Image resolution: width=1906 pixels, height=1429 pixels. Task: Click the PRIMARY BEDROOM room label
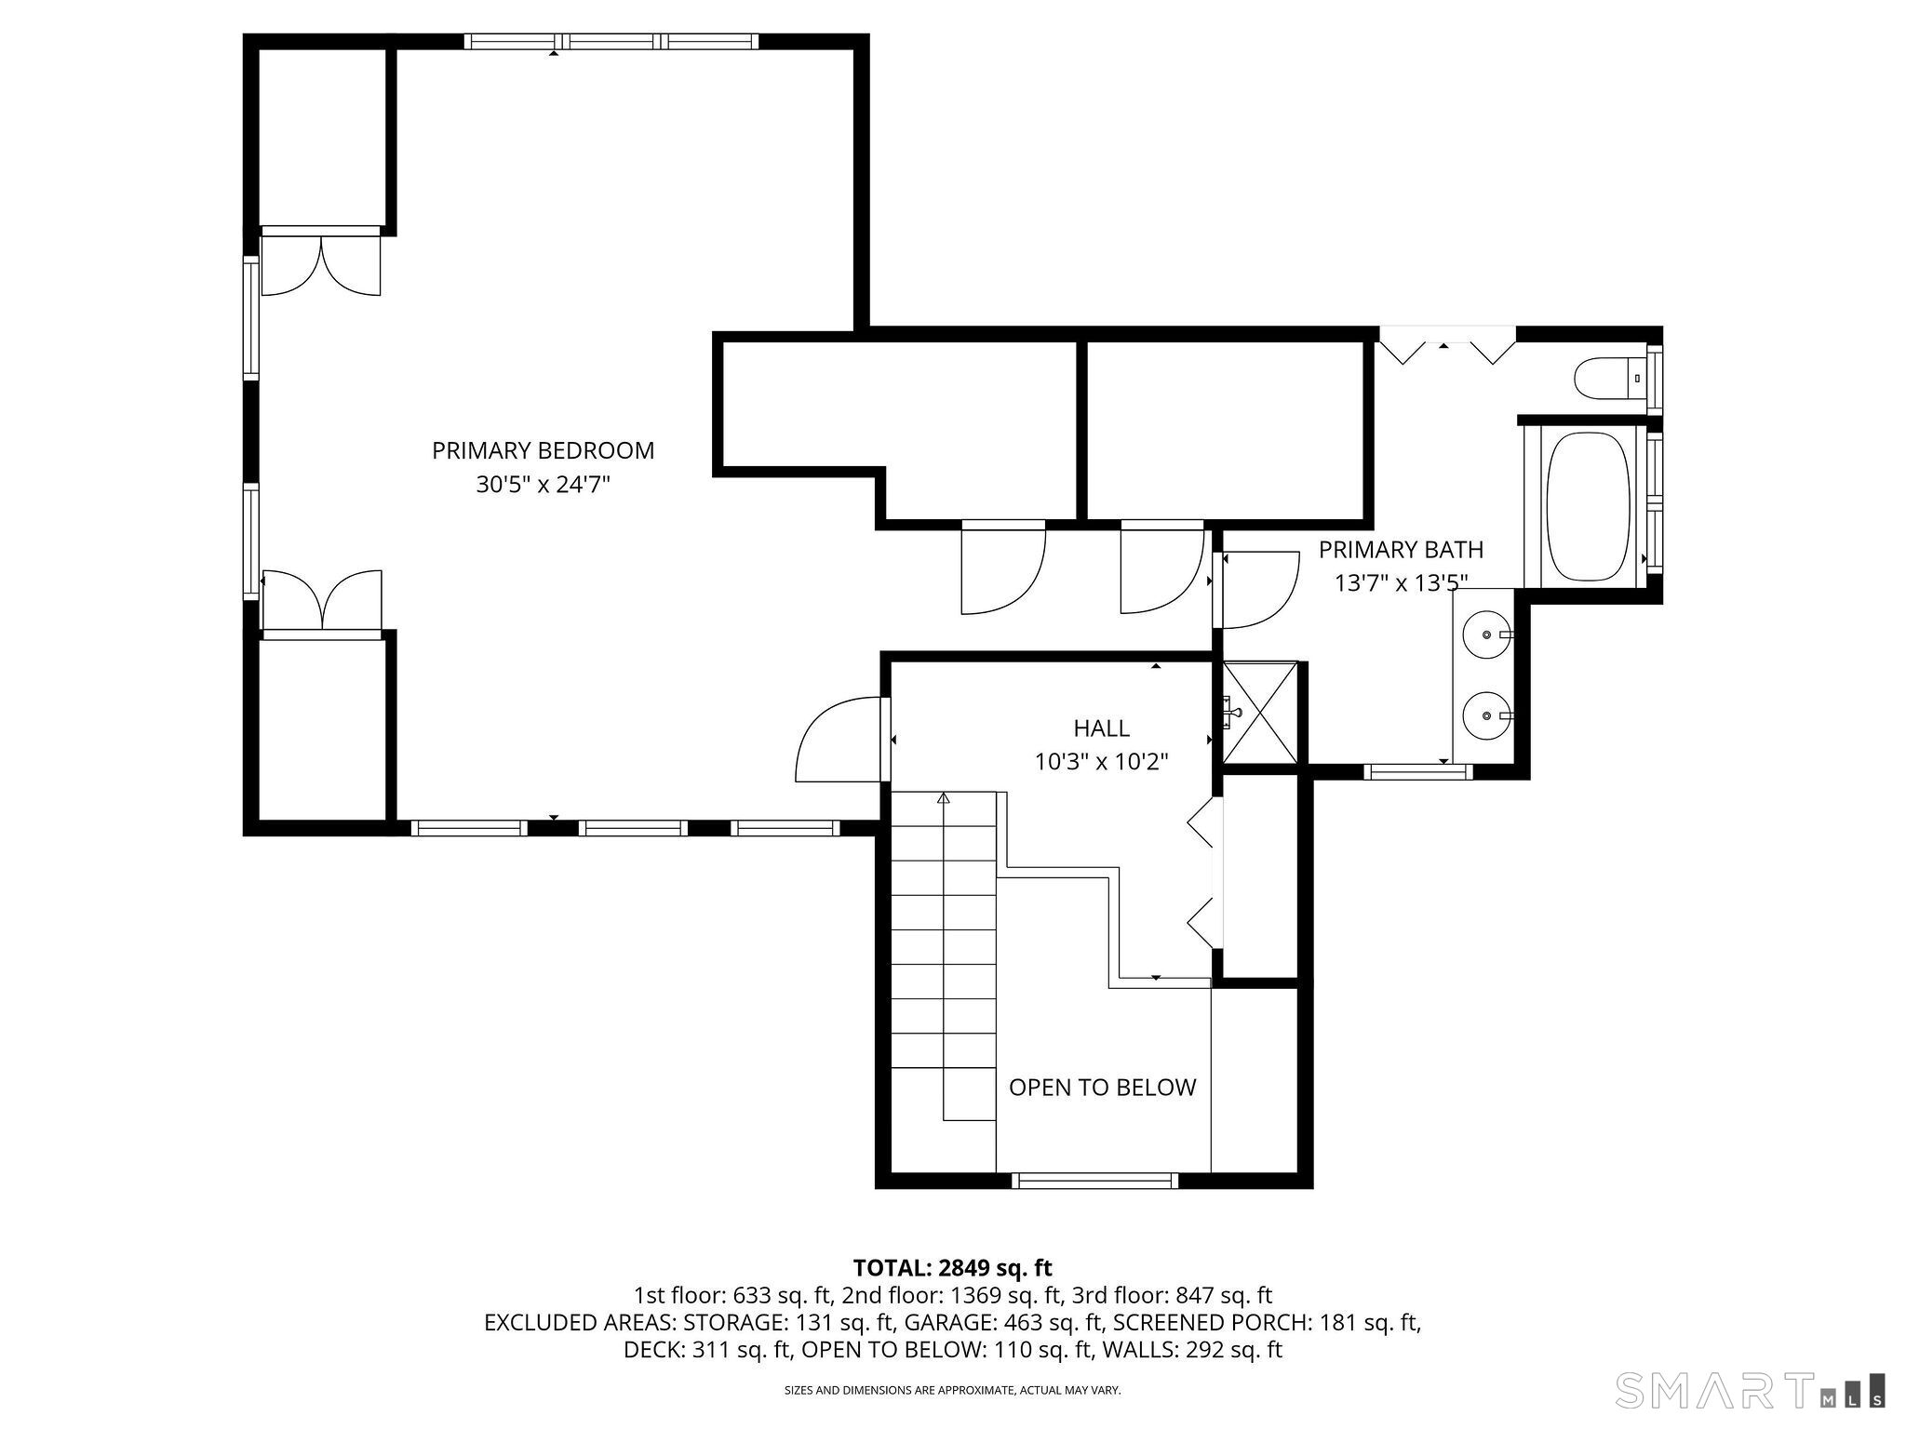(x=544, y=450)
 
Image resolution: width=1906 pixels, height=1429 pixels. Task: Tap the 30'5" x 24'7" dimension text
(x=544, y=485)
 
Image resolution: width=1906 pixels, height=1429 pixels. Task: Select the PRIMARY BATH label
(x=1401, y=549)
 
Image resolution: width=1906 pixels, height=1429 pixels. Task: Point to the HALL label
(x=1102, y=728)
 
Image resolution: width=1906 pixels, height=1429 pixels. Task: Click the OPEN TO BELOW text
(x=1103, y=1087)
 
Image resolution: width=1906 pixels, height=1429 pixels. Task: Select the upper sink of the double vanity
(x=1486, y=634)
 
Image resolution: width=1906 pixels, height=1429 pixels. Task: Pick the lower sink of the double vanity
(x=1486, y=715)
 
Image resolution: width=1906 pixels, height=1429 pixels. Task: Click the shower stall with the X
(x=1259, y=713)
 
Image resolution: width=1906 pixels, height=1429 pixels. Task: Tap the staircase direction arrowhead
(x=944, y=797)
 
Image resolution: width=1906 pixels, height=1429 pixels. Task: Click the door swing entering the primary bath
(x=1256, y=590)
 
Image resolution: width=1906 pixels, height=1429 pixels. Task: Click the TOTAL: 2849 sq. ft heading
(x=952, y=1268)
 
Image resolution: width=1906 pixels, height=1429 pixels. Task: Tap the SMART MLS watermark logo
(x=1752, y=1389)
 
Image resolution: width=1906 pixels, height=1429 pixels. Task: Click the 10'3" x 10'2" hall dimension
(x=1102, y=762)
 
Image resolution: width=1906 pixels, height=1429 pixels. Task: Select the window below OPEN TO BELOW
(x=1095, y=1181)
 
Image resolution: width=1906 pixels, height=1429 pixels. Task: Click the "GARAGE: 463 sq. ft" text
(x=1005, y=1323)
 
